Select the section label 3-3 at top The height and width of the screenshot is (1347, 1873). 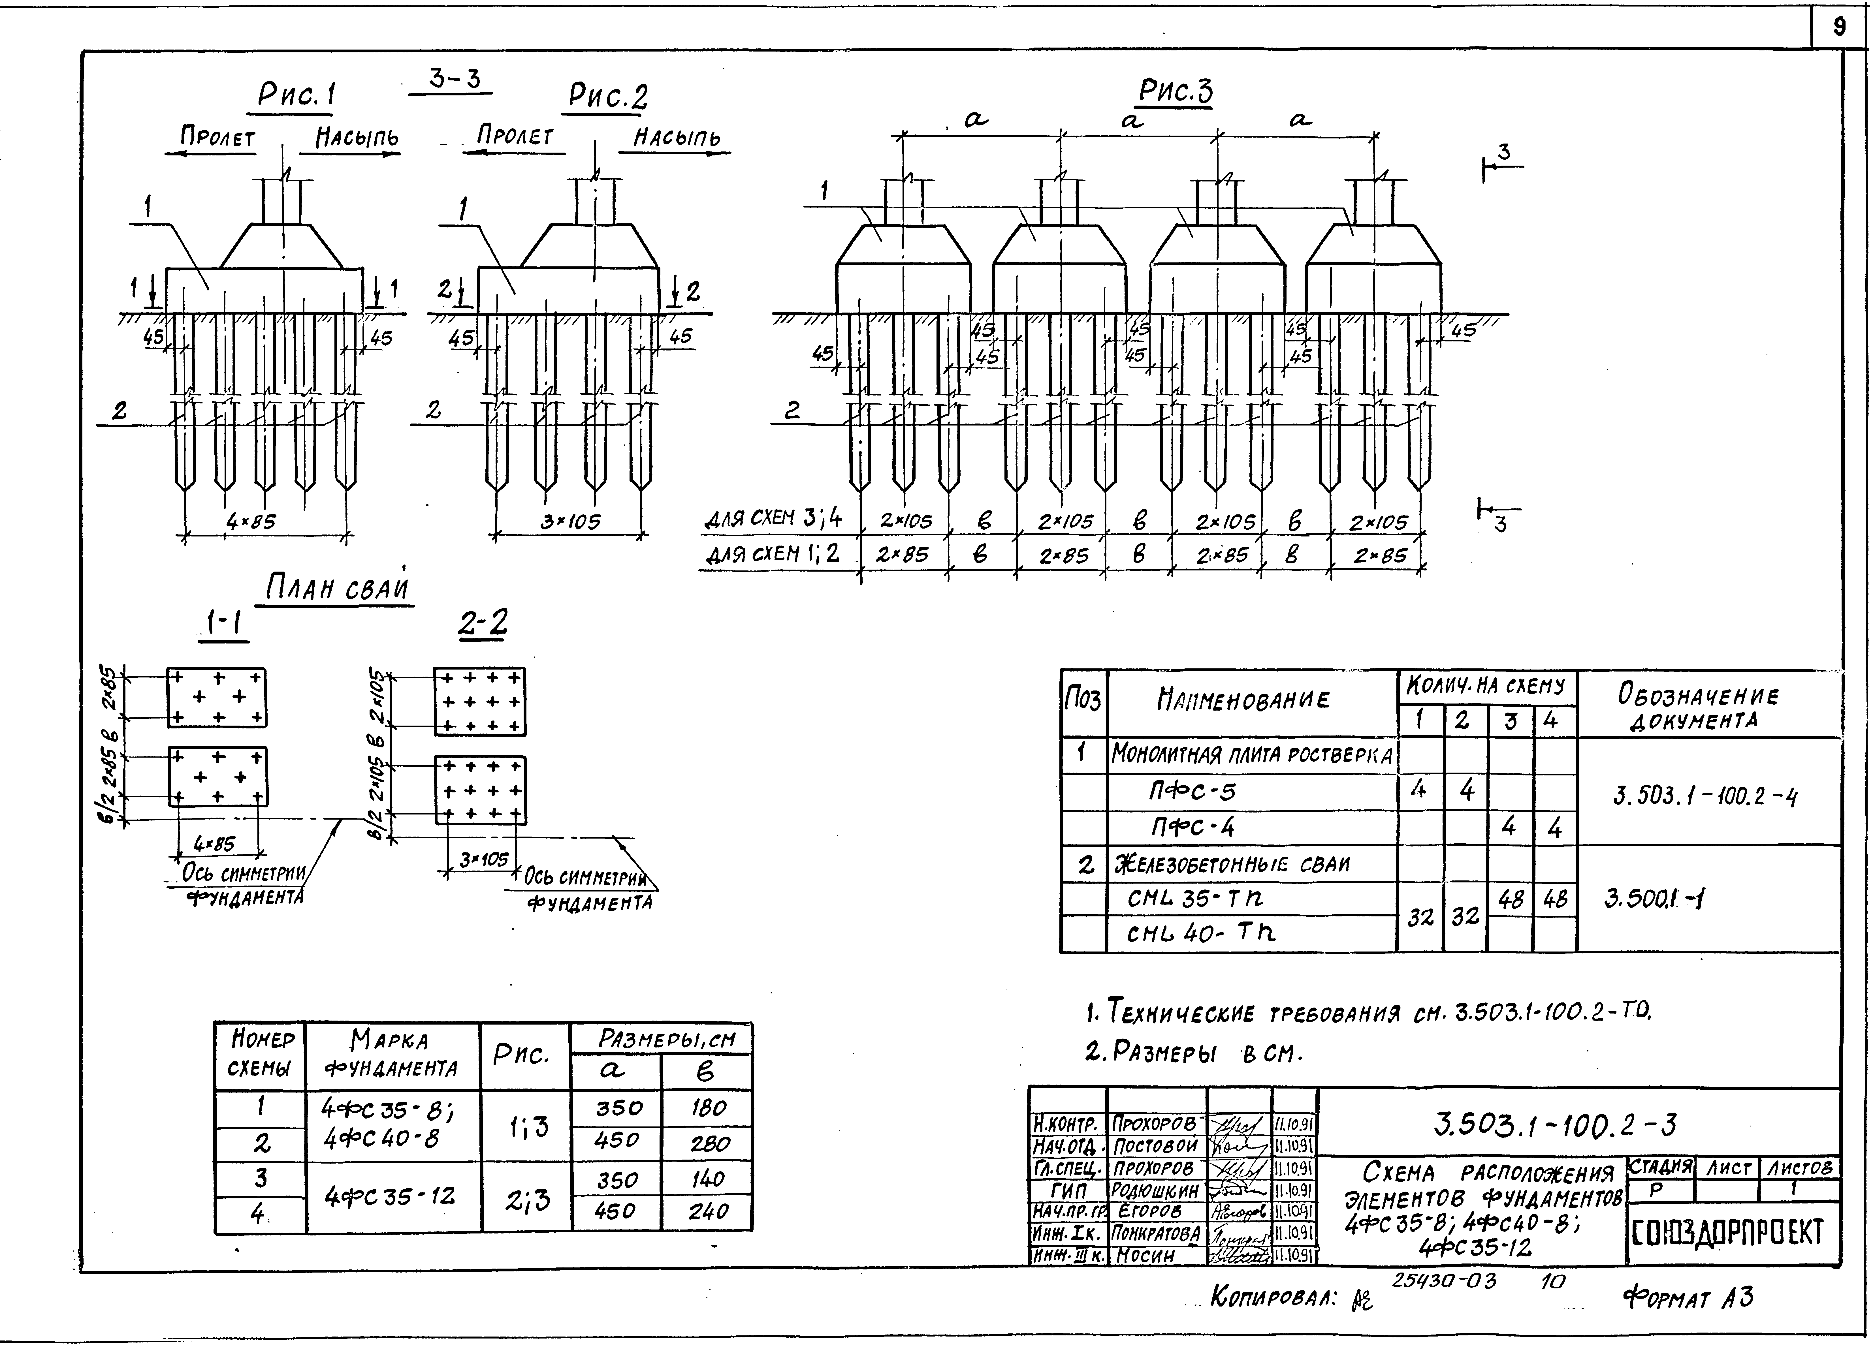point(453,79)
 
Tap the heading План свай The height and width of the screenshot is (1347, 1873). point(337,589)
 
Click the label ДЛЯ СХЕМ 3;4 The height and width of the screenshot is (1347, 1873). point(773,519)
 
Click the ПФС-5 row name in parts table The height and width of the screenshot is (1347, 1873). point(1193,792)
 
